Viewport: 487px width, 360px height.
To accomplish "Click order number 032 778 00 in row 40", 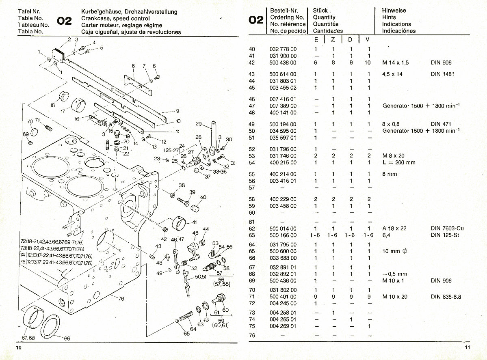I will (283, 49).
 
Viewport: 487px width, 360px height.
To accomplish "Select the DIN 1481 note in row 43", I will (442, 74).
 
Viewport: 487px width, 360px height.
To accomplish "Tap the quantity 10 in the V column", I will (368, 63).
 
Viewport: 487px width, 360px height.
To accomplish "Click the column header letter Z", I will (333, 40).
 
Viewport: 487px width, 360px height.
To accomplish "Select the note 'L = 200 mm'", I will (399, 162).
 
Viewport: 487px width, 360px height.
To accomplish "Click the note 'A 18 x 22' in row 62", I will (394, 228).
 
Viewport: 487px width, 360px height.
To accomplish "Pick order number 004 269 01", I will (283, 326).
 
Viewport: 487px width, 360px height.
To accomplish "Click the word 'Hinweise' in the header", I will (394, 11).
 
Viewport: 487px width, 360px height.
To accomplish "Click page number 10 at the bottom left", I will (19, 348).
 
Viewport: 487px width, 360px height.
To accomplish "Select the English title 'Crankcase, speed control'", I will (115, 18).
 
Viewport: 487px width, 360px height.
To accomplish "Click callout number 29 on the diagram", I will (199, 124).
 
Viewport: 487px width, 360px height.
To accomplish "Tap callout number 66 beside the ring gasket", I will (67, 338).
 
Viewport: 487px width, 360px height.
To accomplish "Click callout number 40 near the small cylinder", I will (203, 197).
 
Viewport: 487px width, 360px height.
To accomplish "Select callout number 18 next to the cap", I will (52, 105).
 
